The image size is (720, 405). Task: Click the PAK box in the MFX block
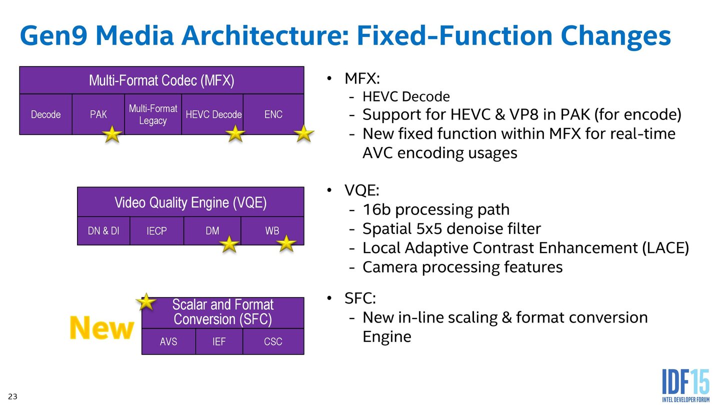coord(98,114)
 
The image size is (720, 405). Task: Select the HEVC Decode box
coord(213,114)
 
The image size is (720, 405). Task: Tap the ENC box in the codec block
coord(273,114)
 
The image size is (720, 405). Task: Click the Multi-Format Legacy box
coord(153,114)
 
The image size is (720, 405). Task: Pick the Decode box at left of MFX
coord(45,114)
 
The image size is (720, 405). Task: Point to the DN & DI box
coord(103,231)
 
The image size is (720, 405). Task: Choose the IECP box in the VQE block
coord(156,231)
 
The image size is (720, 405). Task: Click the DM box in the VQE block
coord(212,231)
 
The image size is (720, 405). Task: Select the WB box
coord(272,231)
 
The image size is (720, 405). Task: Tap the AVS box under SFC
coord(168,341)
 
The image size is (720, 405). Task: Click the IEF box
coord(219,341)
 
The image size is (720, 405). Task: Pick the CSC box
coord(273,341)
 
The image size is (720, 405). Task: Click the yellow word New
coord(101,328)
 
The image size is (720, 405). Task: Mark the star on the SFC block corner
coord(145,301)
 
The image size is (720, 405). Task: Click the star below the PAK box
coord(112,134)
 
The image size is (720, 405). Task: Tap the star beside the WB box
coord(286,243)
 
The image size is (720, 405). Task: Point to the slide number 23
coord(12,396)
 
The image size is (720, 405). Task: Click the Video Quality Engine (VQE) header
coord(190,202)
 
